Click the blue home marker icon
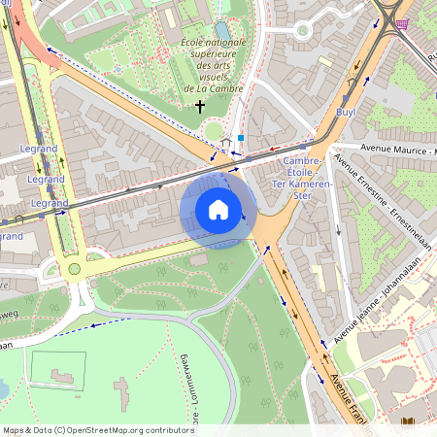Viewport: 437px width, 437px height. [218, 210]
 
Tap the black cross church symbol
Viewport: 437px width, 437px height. [201, 105]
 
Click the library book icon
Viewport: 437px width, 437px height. [408, 421]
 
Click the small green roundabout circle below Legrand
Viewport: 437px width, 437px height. [74, 269]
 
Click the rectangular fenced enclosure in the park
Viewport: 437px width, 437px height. [57, 369]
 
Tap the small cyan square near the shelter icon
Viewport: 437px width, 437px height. [241, 138]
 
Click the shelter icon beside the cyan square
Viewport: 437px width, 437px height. [226, 142]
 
